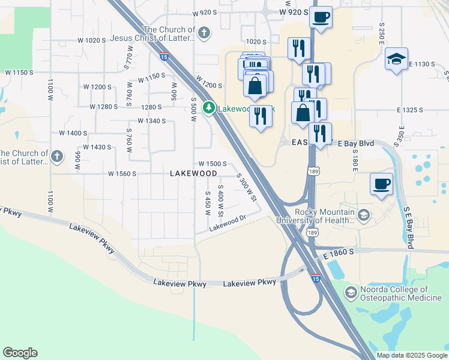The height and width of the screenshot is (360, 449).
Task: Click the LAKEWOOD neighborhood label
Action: [x=193, y=173]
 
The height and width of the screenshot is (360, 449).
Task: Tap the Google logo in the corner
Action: [x=20, y=353]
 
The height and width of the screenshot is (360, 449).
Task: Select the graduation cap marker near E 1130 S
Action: [x=396, y=59]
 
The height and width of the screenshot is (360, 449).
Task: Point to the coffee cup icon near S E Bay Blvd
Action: [x=381, y=183]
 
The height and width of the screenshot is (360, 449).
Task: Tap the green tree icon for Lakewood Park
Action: [x=209, y=109]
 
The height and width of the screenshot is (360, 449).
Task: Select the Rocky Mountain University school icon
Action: [x=363, y=215]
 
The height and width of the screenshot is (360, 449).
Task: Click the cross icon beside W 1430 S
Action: [x=57, y=157]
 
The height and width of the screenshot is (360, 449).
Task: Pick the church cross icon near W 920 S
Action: [x=204, y=32]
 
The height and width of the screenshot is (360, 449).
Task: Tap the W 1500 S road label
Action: [x=212, y=164]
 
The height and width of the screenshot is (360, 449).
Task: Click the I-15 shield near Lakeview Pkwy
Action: [x=316, y=278]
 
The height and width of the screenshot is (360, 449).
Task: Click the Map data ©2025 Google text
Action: [x=411, y=355]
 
